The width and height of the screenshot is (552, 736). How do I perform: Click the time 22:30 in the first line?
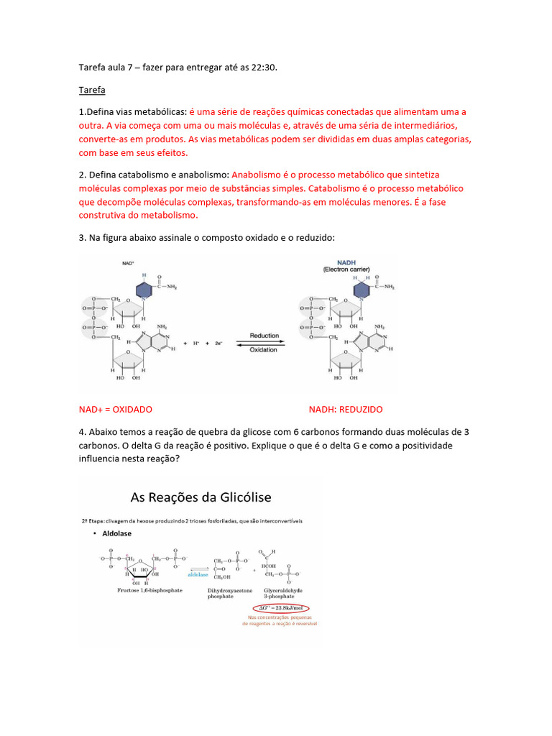(x=262, y=67)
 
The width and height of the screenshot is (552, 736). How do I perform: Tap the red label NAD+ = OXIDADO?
(x=115, y=409)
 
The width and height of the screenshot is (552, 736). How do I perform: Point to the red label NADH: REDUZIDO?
(x=346, y=409)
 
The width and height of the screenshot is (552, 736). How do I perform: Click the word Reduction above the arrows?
(x=264, y=336)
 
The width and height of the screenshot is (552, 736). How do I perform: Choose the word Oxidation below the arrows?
(x=264, y=349)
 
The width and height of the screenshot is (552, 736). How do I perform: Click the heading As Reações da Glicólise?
(x=201, y=497)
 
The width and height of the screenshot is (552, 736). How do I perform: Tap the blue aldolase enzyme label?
(x=198, y=574)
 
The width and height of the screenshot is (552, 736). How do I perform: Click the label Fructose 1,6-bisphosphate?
(x=149, y=590)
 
